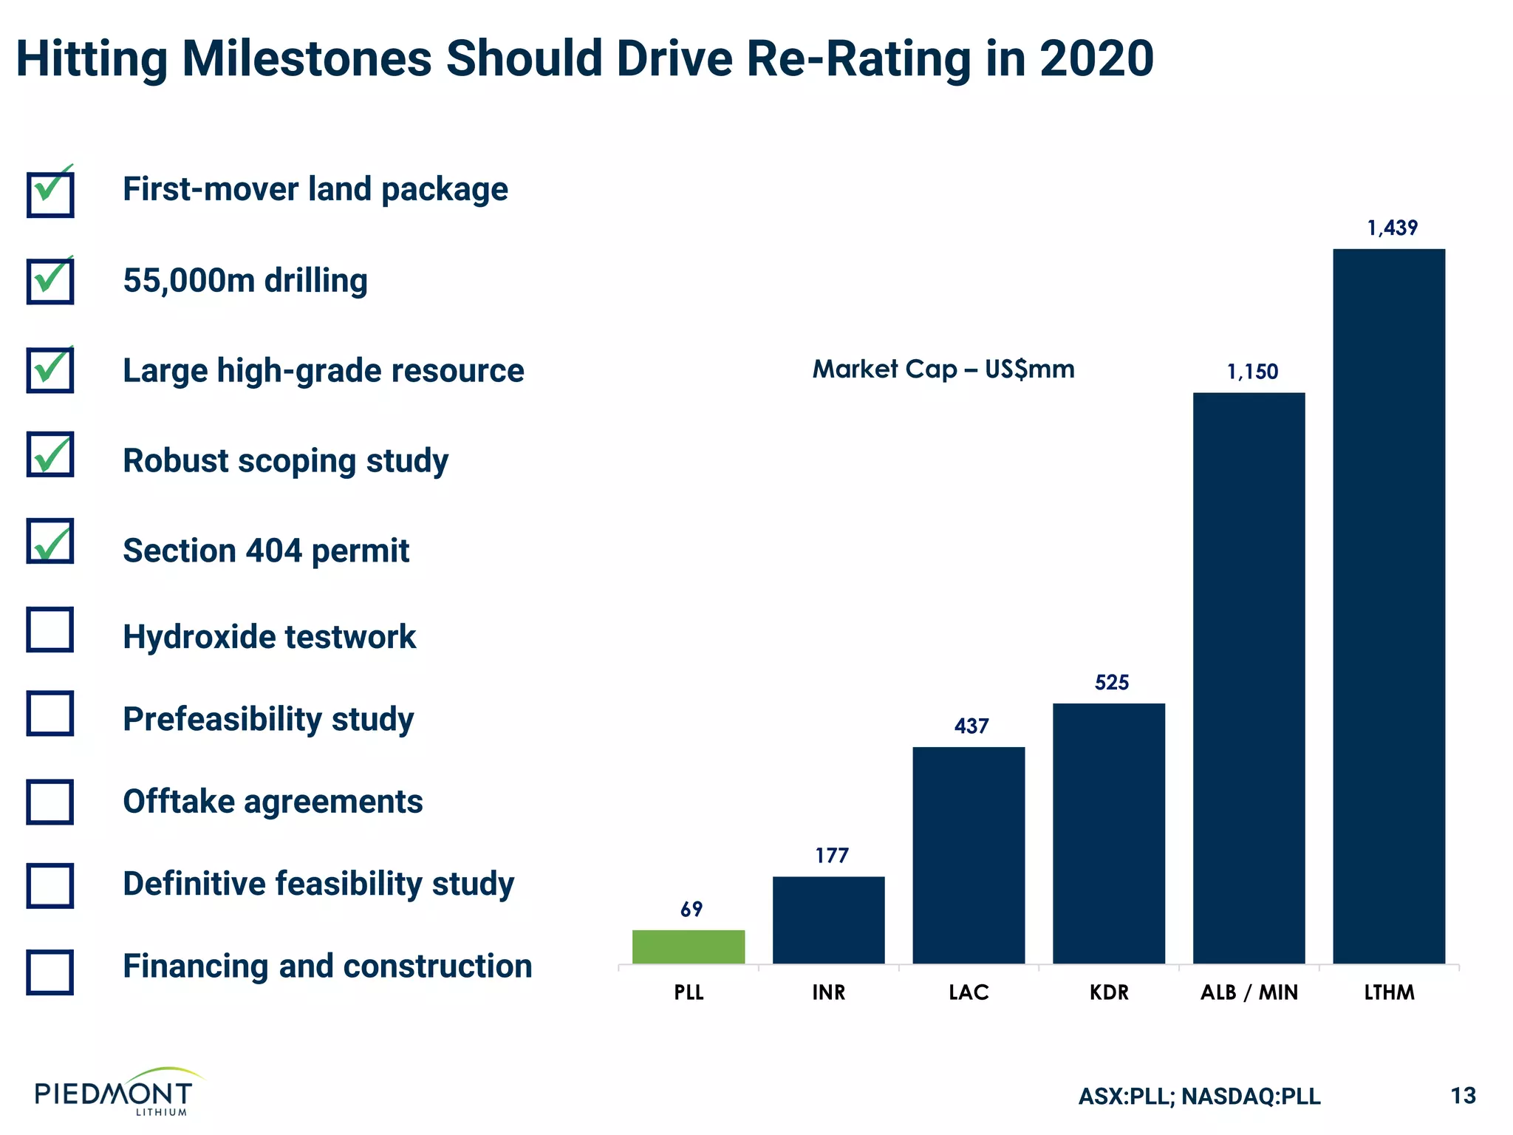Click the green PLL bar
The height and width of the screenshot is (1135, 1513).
pos(689,947)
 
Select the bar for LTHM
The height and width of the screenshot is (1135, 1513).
pos(1389,606)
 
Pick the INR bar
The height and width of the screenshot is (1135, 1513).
pos(828,920)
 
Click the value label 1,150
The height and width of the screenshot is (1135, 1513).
pos(1252,372)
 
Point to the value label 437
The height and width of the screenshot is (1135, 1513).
pos(971,726)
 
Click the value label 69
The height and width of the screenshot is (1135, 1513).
pos(691,910)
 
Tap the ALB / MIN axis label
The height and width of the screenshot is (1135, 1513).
pos(1249,992)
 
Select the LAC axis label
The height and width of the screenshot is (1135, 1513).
pos(969,992)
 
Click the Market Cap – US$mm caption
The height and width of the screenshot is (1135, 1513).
pos(943,369)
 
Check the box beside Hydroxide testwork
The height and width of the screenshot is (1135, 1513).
pos(50,630)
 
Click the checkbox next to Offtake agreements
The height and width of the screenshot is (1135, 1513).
pos(50,802)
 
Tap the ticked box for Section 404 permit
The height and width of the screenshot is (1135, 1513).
pos(50,542)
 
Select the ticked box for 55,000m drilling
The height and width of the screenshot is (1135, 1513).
pos(50,281)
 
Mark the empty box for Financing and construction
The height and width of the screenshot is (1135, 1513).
pos(50,972)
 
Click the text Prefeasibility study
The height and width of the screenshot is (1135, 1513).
pos(268,719)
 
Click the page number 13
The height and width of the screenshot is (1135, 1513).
pos(1463,1095)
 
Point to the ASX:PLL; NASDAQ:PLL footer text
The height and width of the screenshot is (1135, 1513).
pos(1199,1096)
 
